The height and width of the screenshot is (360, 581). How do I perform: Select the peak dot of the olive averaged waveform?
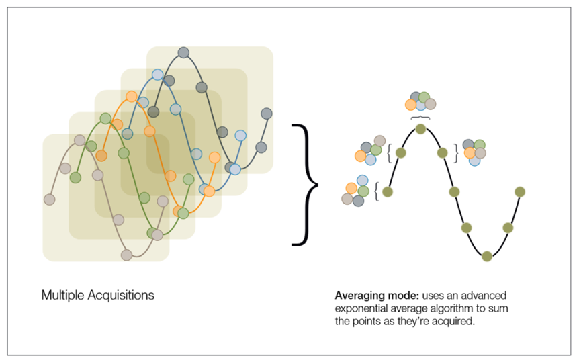pyautogui.click(x=420, y=128)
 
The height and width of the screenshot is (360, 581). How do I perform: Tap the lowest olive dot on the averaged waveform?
pyautogui.click(x=488, y=255)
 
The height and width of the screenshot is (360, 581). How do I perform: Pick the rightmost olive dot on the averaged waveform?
pyautogui.click(x=519, y=192)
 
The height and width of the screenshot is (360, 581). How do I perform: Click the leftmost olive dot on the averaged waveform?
pyautogui.click(x=387, y=192)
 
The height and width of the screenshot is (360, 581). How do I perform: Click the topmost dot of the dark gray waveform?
pyautogui.click(x=183, y=53)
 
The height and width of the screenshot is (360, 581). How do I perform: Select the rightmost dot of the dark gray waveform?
pyautogui.click(x=267, y=113)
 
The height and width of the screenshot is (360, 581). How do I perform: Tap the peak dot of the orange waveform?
pyautogui.click(x=131, y=96)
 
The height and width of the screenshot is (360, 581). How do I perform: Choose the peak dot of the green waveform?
pyautogui.click(x=105, y=118)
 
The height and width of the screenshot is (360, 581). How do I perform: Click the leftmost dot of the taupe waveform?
pyautogui.click(x=49, y=199)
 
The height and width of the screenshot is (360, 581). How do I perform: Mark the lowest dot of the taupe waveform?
pyautogui.click(x=126, y=255)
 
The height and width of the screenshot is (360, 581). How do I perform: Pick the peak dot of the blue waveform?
pyautogui.click(x=157, y=75)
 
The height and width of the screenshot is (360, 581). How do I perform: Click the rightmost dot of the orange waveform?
pyautogui.click(x=214, y=157)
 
